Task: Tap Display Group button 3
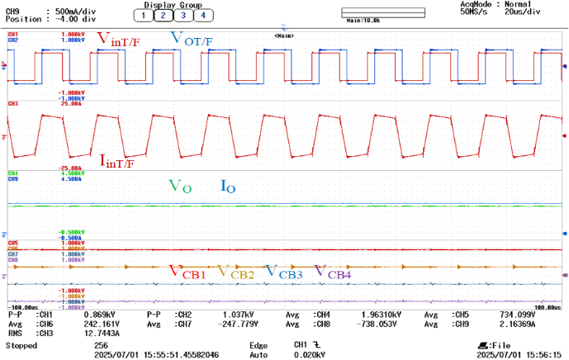(183, 15)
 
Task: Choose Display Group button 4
(202, 15)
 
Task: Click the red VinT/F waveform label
(117, 40)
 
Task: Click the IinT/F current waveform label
(117, 161)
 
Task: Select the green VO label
(180, 187)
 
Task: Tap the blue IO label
(229, 187)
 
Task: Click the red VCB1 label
(187, 271)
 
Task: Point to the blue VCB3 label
(283, 271)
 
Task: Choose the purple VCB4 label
(333, 272)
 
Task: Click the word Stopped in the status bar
(21, 345)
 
